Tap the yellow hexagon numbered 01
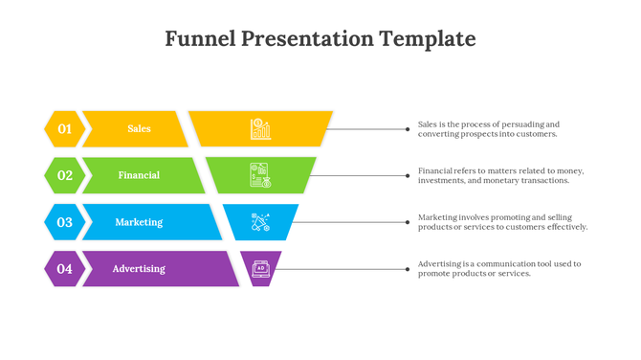pos(64,128)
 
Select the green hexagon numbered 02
pos(64,175)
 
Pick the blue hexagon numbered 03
pos(64,222)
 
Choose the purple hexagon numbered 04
pos(64,269)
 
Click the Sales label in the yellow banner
pos(139,128)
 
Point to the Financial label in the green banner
pos(139,175)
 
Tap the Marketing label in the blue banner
pos(139,222)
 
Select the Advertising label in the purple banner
pos(139,269)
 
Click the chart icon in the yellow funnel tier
pos(260,128)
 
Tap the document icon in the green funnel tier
pos(260,175)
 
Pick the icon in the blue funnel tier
pos(260,222)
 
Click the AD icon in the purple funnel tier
pos(260,269)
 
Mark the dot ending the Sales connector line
pos(409,128)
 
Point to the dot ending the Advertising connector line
pos(409,269)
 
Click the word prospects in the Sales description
pos(481,134)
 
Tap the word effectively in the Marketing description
pos(562,228)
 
